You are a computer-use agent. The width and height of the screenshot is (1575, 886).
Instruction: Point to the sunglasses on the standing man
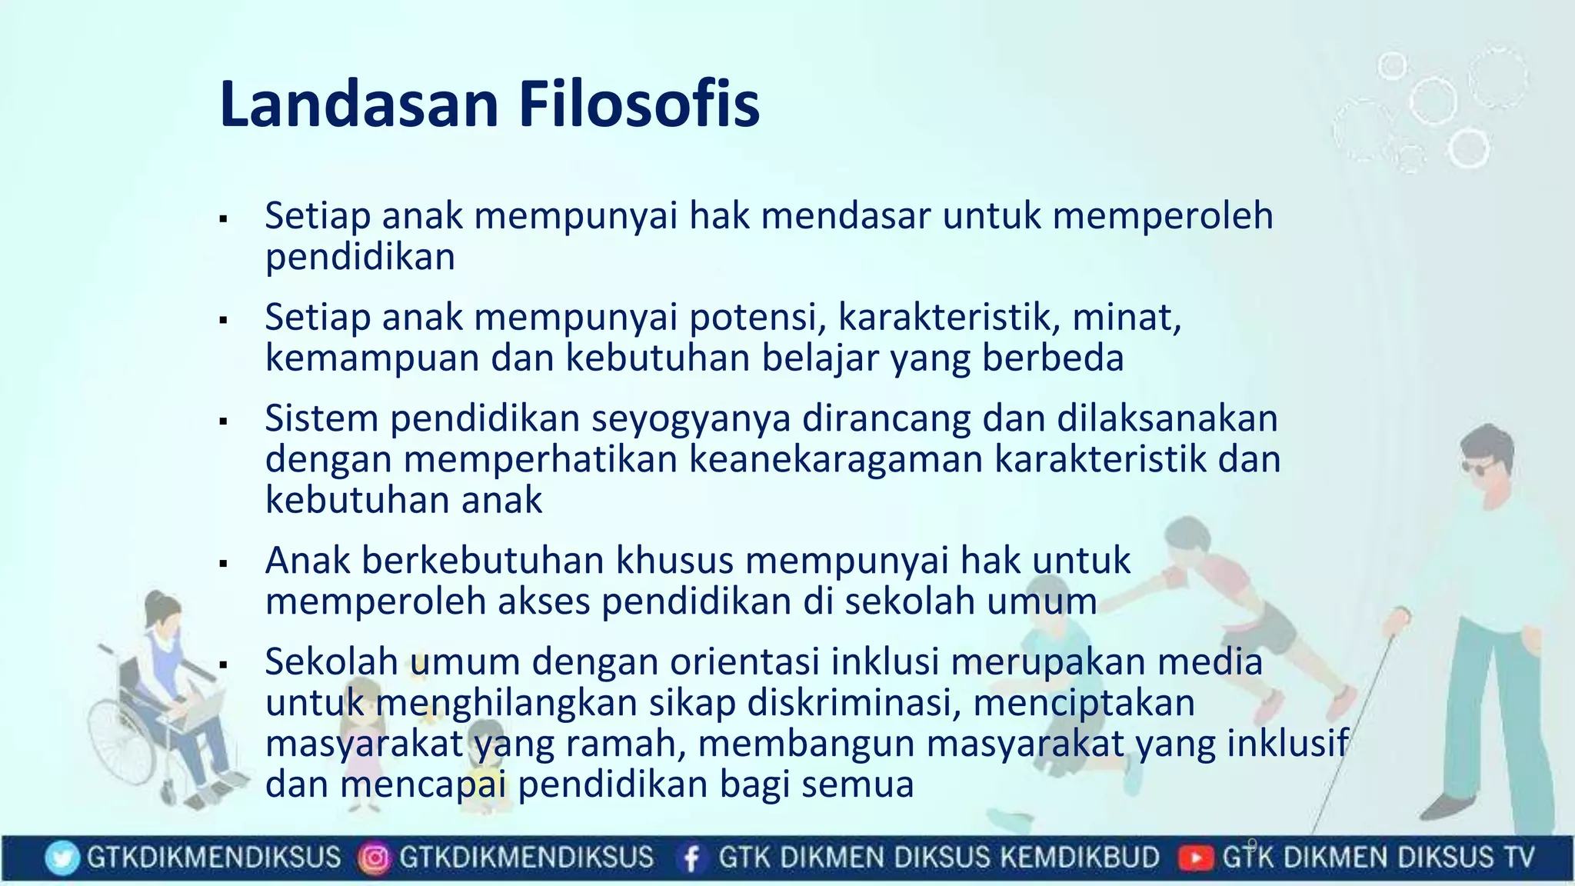[1477, 467]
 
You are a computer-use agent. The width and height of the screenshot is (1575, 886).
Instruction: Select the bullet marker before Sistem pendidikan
[224, 422]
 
